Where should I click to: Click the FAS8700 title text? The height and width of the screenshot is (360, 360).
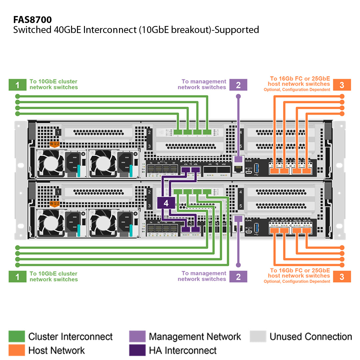32,20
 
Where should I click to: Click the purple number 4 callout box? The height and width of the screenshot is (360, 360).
166,203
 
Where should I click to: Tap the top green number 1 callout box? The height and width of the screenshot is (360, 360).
17,85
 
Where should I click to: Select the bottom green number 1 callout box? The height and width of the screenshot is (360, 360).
17,277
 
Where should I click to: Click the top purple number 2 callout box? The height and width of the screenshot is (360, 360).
238,85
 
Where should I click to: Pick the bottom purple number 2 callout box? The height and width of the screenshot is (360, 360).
238,277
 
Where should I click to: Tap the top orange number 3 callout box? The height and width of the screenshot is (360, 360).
342,85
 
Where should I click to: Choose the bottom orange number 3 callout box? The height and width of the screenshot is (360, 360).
342,277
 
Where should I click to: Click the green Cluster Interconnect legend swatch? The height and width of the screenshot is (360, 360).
17,336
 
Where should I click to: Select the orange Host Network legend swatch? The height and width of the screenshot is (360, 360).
17,350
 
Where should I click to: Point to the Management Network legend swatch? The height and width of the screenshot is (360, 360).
137,336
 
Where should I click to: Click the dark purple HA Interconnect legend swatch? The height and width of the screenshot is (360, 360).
137,350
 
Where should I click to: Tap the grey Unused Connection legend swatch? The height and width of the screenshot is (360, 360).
258,336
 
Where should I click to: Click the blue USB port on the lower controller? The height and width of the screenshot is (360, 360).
256,228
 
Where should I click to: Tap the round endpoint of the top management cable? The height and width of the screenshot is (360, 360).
238,96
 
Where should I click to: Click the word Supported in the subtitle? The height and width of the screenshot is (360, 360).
238,30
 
